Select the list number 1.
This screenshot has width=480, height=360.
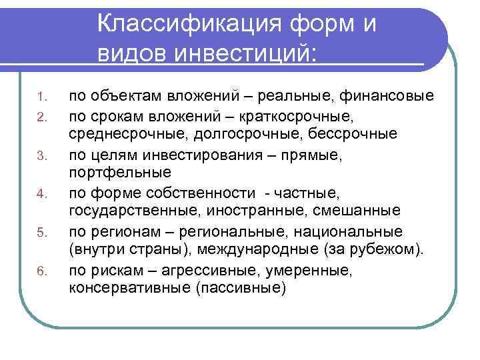41,98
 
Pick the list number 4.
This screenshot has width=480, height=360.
41,195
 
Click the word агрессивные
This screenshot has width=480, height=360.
213,271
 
